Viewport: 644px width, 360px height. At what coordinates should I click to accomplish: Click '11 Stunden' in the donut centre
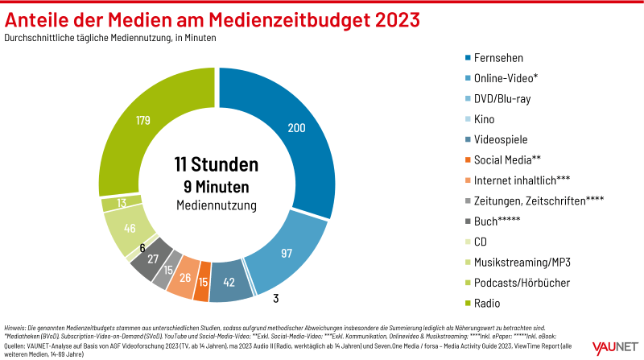click(x=217, y=164)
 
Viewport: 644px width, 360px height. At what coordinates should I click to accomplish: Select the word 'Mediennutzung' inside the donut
click(x=217, y=206)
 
